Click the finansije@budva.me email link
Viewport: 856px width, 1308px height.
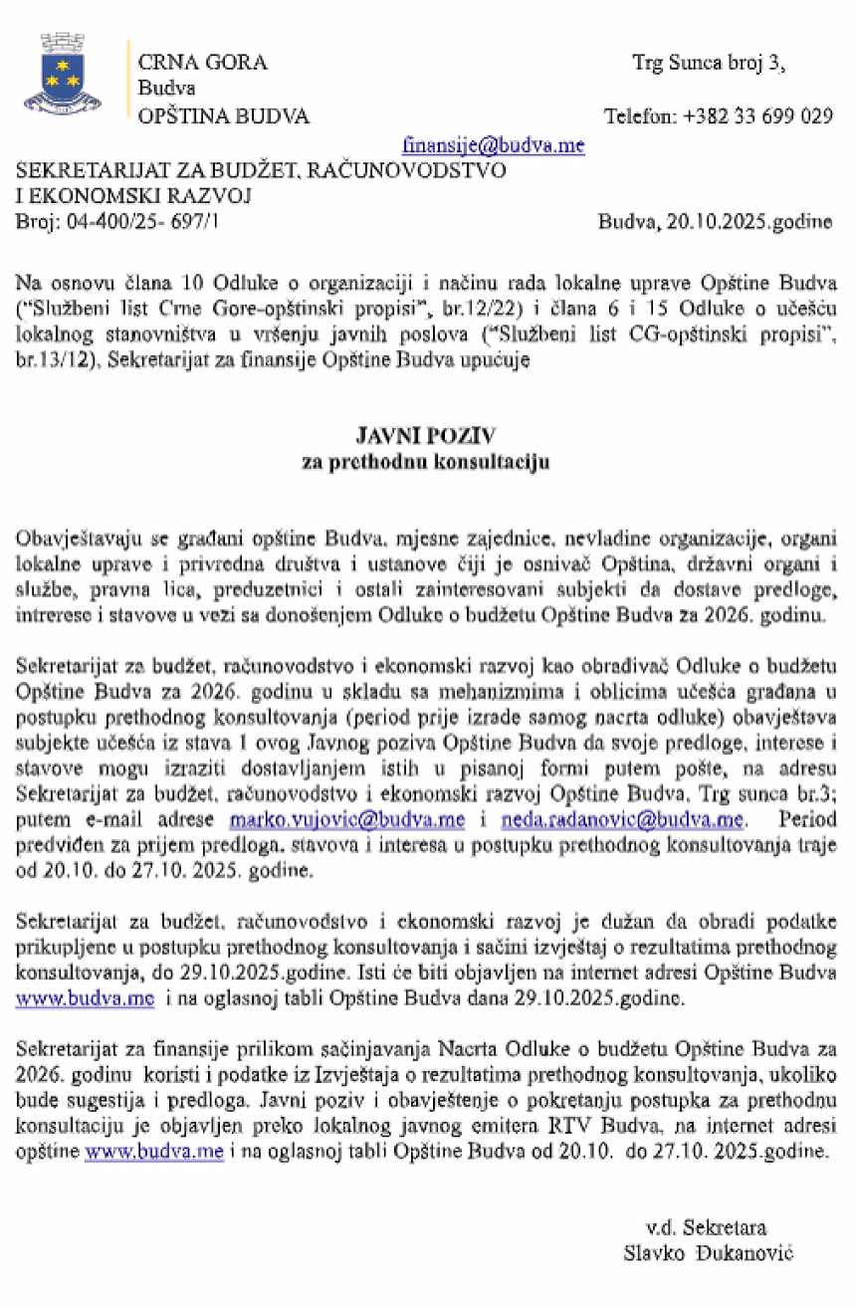click(x=494, y=144)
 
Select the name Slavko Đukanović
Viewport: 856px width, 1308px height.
click(x=709, y=1252)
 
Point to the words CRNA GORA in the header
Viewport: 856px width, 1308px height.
click(x=202, y=63)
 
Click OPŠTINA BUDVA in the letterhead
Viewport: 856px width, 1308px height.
click(x=223, y=115)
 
